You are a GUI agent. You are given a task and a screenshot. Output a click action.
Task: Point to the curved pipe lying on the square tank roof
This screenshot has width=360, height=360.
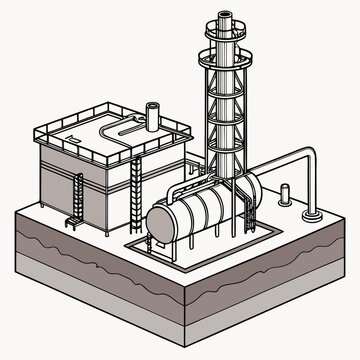pos(118,130)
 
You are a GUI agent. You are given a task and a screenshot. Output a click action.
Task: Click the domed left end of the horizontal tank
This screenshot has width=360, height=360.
pos(160,222)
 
